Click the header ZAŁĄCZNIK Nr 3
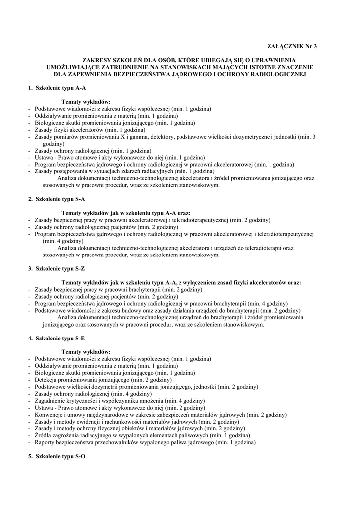tap(296, 46)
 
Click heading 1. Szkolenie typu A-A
tap(57, 87)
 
